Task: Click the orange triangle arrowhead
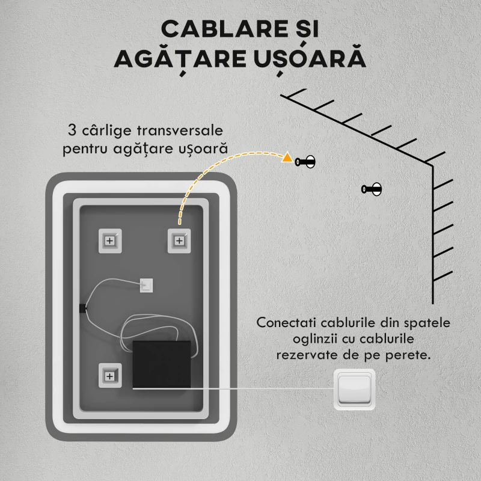tap(287, 159)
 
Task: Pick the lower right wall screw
tap(372, 189)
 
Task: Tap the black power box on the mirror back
tap(161, 364)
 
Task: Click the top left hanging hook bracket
tap(109, 240)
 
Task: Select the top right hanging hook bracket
tap(179, 240)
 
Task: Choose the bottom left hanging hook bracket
tap(109, 376)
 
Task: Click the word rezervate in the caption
tap(305, 355)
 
